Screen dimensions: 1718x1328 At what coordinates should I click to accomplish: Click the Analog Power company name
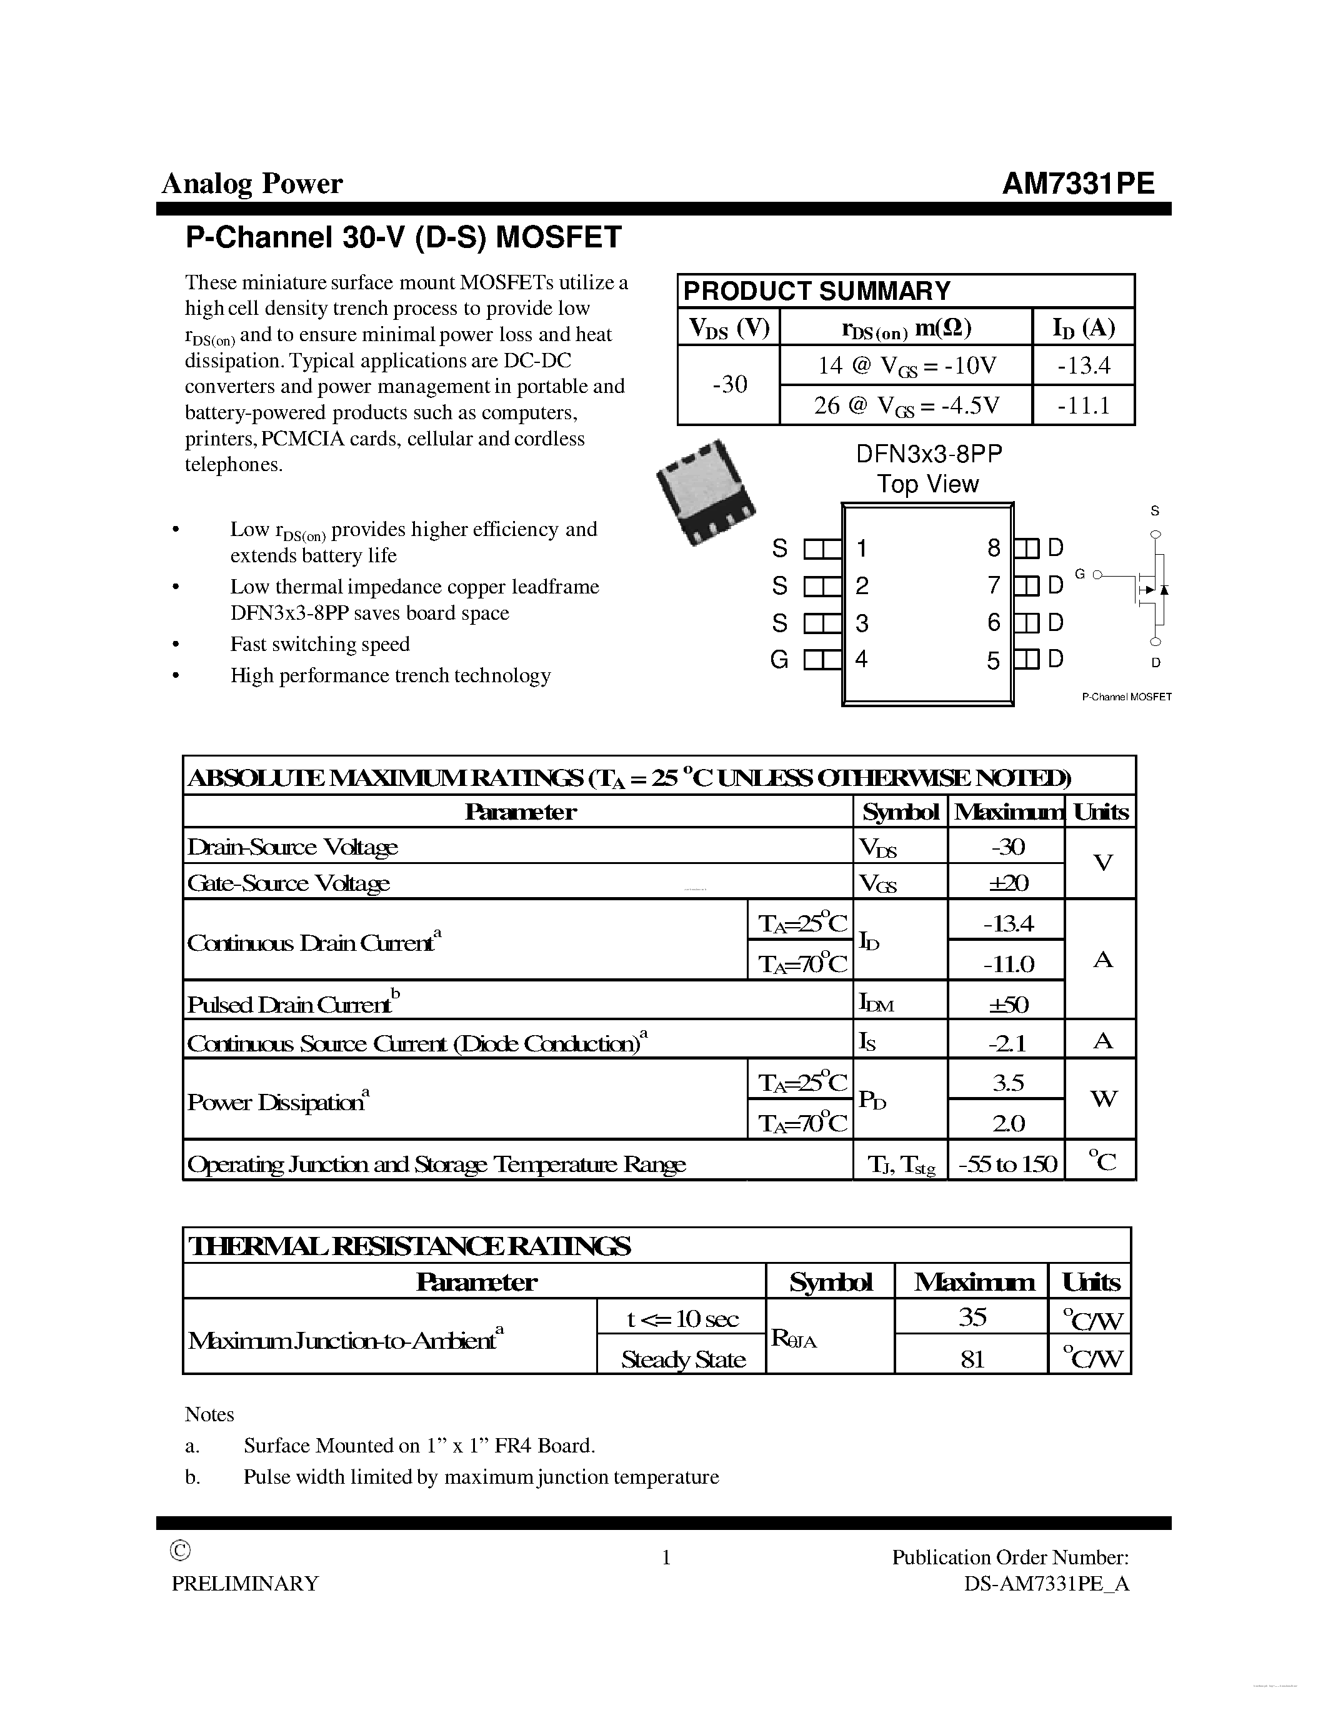point(252,184)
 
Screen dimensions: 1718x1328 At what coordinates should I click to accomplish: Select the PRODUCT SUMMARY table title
point(817,291)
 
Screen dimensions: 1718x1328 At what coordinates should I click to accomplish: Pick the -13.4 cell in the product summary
point(1083,366)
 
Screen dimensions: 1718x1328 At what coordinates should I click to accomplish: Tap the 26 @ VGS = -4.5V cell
point(906,406)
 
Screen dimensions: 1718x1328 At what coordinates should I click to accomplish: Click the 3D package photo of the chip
point(705,492)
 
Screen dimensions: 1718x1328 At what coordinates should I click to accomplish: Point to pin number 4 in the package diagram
point(861,659)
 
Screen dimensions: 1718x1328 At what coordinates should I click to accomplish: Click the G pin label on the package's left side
point(779,660)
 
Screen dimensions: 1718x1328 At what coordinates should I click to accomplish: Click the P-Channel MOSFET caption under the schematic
point(1127,697)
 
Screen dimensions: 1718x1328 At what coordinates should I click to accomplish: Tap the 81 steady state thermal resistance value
point(972,1359)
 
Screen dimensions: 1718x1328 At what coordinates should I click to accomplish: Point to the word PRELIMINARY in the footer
point(246,1584)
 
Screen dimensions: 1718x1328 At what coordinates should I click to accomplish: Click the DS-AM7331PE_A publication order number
point(1046,1584)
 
